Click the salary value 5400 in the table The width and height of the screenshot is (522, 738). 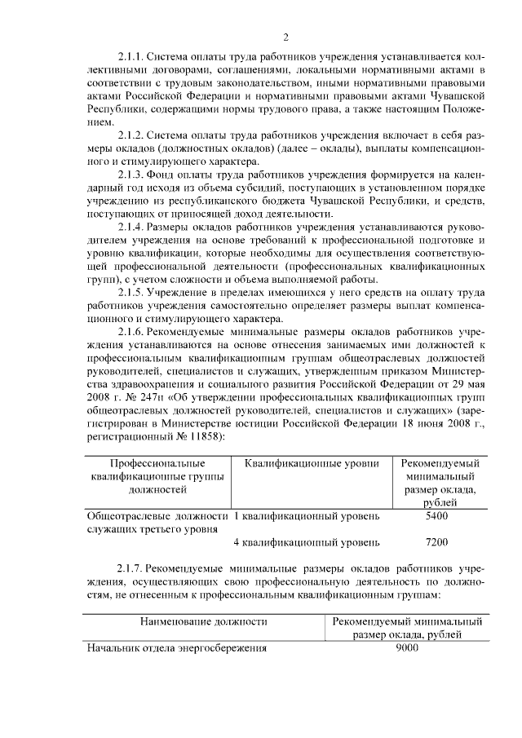(436, 516)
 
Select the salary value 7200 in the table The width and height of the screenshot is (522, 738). (436, 542)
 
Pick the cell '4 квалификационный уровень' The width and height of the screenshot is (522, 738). (306, 542)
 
